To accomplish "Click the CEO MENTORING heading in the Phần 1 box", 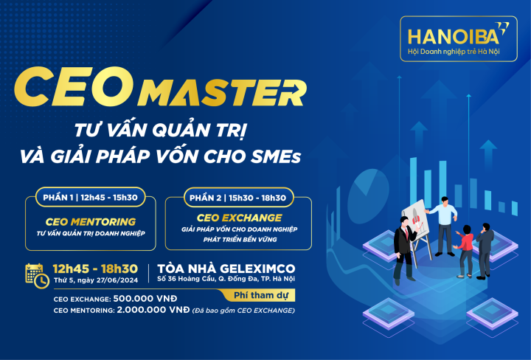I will coord(91,221).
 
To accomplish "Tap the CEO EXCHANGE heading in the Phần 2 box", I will coord(239,218).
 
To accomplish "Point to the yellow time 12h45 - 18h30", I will coord(95,269).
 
